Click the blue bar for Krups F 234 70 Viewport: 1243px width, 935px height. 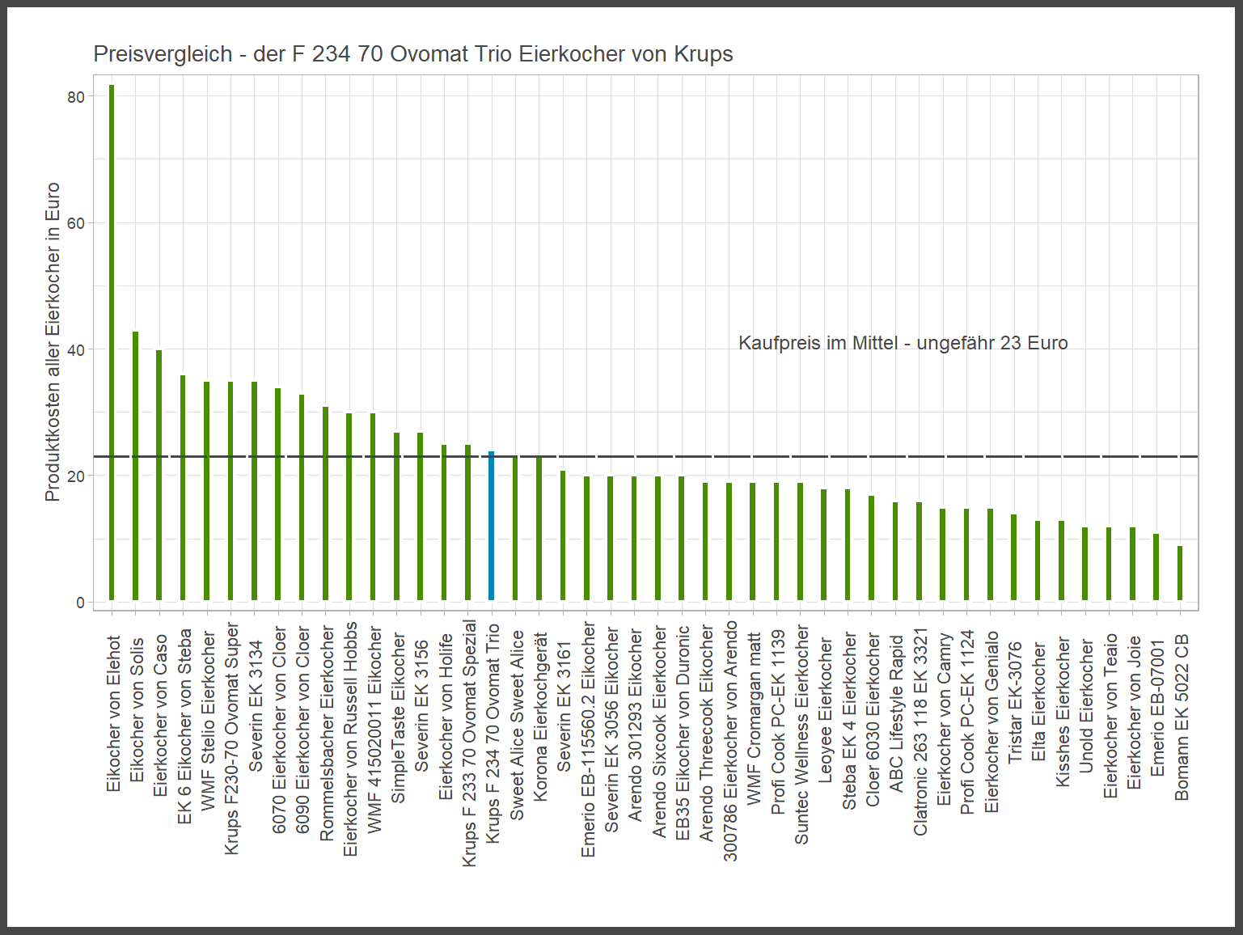click(491, 526)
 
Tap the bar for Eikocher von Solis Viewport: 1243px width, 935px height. click(135, 466)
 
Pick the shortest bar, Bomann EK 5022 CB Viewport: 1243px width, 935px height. click(1180, 573)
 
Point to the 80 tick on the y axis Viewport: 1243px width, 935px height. click(76, 97)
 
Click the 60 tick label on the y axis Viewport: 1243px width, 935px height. click(76, 223)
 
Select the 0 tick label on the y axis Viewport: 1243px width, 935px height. click(80, 603)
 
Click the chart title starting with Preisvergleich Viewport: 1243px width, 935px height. click(412, 54)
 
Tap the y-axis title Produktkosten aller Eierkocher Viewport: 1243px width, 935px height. click(53, 341)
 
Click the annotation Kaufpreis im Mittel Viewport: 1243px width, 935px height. click(903, 343)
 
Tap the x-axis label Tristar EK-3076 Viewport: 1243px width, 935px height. click(1016, 702)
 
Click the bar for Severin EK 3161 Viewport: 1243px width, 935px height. click(563, 535)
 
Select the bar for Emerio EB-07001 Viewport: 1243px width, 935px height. click(1156, 567)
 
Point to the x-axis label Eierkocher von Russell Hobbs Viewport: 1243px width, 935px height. click(350, 738)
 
